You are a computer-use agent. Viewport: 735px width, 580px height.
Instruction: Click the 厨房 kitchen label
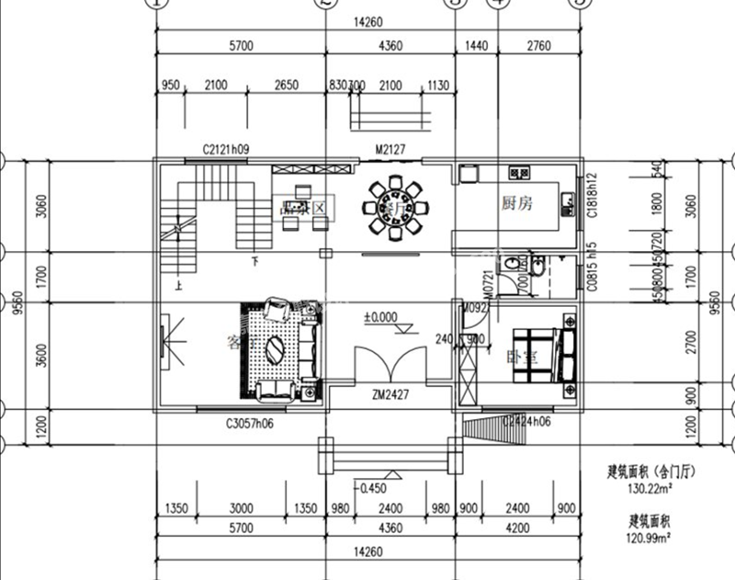point(515,203)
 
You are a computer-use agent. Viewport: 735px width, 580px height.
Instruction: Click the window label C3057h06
point(250,424)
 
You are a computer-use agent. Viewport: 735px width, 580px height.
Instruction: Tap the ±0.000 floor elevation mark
point(380,317)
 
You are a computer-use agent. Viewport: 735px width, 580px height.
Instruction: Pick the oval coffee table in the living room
point(276,350)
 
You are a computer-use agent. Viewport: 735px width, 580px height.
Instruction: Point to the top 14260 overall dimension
point(366,23)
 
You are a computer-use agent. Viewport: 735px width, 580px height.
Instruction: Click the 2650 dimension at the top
point(287,85)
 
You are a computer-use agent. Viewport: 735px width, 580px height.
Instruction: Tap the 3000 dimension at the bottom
point(241,507)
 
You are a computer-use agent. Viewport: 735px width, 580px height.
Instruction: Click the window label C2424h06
point(526,423)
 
